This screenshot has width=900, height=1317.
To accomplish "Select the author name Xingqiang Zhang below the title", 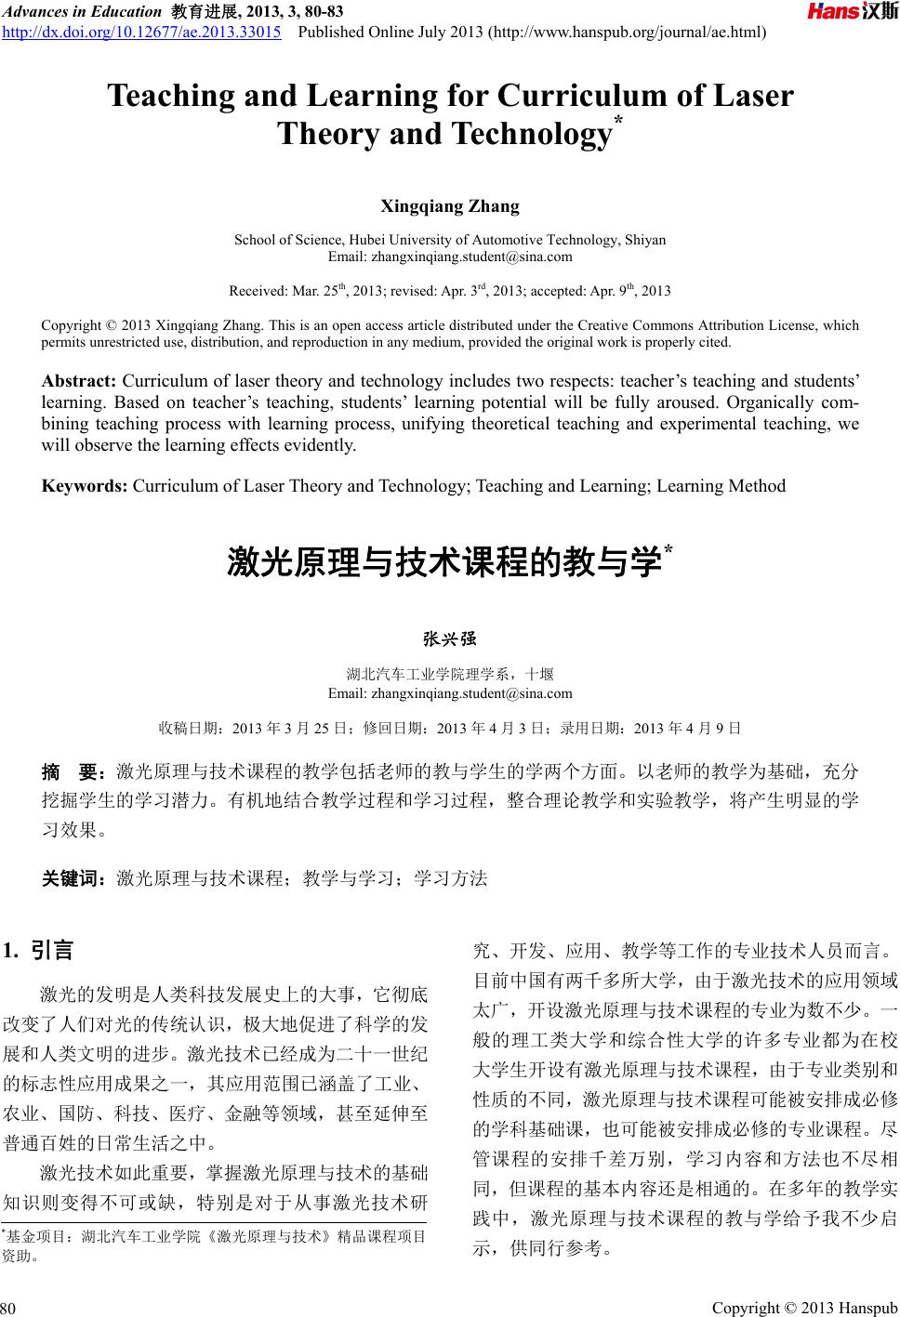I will pyautogui.click(x=450, y=206).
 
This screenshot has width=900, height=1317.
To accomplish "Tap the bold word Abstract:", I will pyautogui.click(x=79, y=381).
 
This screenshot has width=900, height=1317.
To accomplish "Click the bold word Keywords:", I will pyautogui.click(x=85, y=486).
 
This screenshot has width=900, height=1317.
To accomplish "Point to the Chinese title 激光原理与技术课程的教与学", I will pyautogui.click(x=444, y=563).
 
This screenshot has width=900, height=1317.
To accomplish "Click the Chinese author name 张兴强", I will pyautogui.click(x=450, y=639).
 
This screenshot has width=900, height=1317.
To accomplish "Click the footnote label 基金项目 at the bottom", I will pyautogui.click(x=37, y=1237).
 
